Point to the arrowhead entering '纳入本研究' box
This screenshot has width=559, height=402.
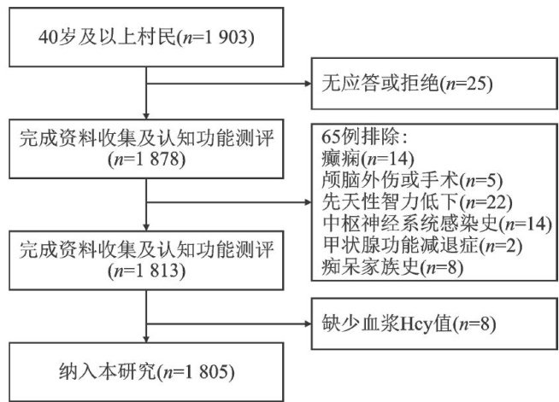149,339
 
